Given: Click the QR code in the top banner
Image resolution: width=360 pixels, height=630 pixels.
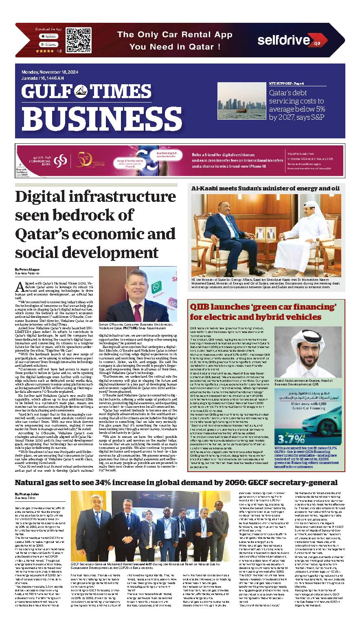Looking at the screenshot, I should pyautogui.click(x=77, y=39).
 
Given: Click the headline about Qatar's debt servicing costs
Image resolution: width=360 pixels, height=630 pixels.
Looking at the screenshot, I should pyautogui.click(x=297, y=104).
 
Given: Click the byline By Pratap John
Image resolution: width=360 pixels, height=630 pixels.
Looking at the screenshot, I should pyautogui.click(x=26, y=494).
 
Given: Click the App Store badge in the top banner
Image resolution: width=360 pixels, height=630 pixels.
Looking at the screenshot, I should pyautogui.click(x=48, y=36).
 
